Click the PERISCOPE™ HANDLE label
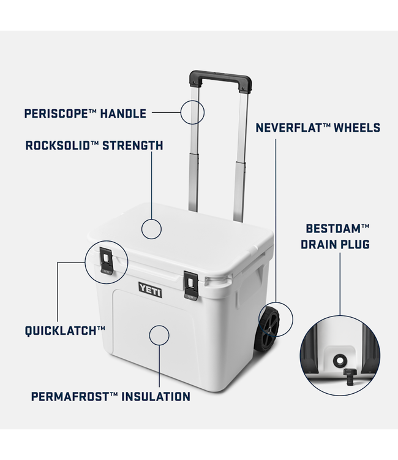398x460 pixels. click(x=85, y=113)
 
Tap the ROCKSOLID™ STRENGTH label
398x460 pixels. click(x=94, y=146)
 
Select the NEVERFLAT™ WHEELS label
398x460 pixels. click(x=317, y=128)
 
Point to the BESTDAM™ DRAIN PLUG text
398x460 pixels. click(x=337, y=236)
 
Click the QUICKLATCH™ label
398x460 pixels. click(x=65, y=331)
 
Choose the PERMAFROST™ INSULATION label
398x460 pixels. click(x=111, y=397)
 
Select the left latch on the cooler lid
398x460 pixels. click(x=108, y=260)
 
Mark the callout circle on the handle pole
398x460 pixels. click(x=192, y=113)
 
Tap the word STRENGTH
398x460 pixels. click(x=132, y=146)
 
